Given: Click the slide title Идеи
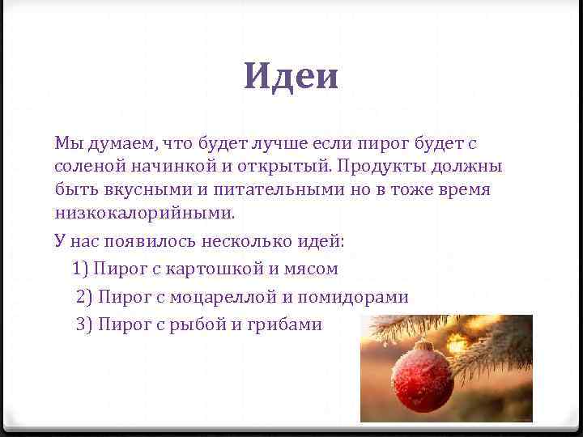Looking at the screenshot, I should point(291,77).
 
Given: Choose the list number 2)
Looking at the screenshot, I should point(85,297).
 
